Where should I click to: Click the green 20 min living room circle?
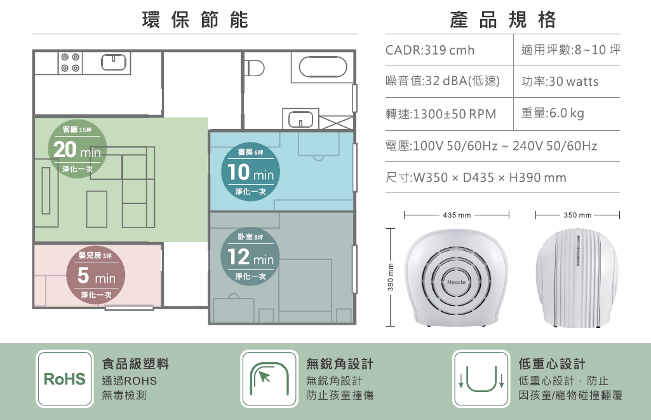(x=77, y=149)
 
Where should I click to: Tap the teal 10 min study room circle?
(x=250, y=172)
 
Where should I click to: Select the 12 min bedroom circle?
(x=250, y=256)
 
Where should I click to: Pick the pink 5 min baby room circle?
(x=96, y=274)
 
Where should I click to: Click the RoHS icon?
(x=65, y=379)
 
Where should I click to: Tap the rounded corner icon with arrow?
(x=269, y=379)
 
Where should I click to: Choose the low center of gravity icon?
(x=481, y=379)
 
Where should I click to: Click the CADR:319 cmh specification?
(x=430, y=50)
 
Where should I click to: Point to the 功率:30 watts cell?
(x=560, y=81)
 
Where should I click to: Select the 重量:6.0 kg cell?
(x=553, y=113)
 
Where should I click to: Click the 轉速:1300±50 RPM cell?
(x=441, y=114)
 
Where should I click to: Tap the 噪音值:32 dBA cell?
(x=443, y=81)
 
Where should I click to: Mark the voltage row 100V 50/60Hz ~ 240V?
(x=492, y=146)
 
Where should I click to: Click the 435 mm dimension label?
(x=457, y=215)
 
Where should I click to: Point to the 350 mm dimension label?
(x=577, y=215)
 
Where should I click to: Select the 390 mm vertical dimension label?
(x=390, y=277)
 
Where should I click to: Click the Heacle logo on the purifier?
(x=456, y=282)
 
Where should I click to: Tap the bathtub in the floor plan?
(x=323, y=67)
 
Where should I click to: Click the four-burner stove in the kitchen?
(x=70, y=63)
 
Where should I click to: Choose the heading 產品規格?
(x=503, y=20)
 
